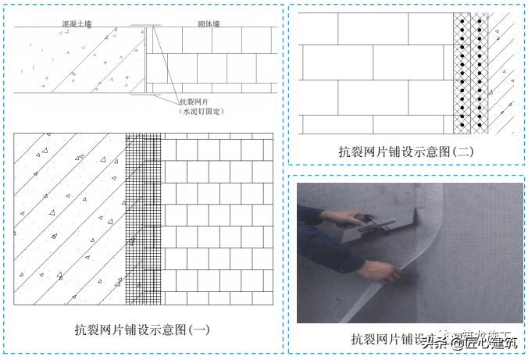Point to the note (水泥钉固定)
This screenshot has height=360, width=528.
point(201,112)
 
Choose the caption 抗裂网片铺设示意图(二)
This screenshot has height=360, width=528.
point(406,151)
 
